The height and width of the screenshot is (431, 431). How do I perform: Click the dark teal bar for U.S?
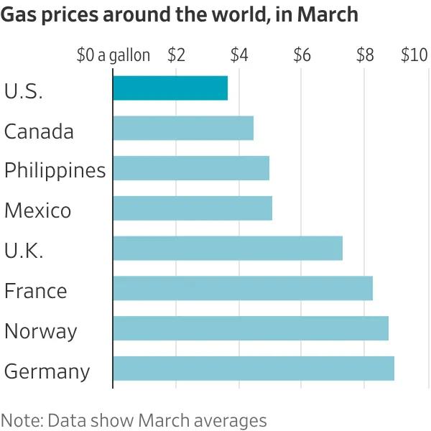coord(170,88)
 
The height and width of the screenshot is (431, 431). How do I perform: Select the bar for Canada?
coord(183,128)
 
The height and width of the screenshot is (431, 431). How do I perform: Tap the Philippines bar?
coord(191,168)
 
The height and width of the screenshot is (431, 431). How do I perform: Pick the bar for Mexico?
coord(193,208)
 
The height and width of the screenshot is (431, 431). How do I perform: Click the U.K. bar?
coord(228,248)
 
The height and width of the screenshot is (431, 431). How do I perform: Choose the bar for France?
coord(243,288)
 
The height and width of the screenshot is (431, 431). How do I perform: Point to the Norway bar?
coord(251,328)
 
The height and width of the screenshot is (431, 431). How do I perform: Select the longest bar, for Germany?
coord(254,368)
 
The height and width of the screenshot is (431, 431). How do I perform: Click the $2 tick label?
coord(176,55)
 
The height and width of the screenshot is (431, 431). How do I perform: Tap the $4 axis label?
coord(239,55)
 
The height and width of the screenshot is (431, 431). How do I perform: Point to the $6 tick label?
coord(302,55)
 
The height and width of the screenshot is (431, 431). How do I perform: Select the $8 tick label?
coord(365,55)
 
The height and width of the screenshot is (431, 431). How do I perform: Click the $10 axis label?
coord(414,55)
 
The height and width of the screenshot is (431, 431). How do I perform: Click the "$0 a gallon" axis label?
coord(113,55)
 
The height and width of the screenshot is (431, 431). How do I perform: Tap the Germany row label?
coord(47,372)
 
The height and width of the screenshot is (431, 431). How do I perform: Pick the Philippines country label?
coord(55,171)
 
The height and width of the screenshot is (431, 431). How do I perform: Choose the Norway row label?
coord(40,331)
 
